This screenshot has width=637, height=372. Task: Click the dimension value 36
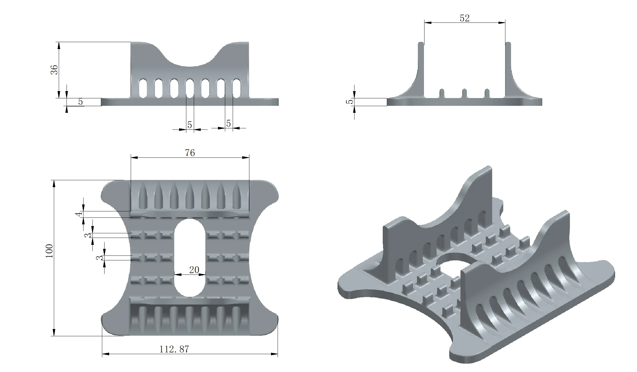tap(54, 69)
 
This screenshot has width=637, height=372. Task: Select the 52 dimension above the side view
tap(465, 18)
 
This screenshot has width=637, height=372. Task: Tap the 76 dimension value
tap(190, 153)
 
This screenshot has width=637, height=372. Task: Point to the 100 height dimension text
tap(49, 251)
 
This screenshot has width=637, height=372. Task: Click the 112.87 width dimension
tap(174, 349)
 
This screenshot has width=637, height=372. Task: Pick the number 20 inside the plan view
tap(194, 270)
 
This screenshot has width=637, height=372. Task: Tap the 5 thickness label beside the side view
tap(350, 102)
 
